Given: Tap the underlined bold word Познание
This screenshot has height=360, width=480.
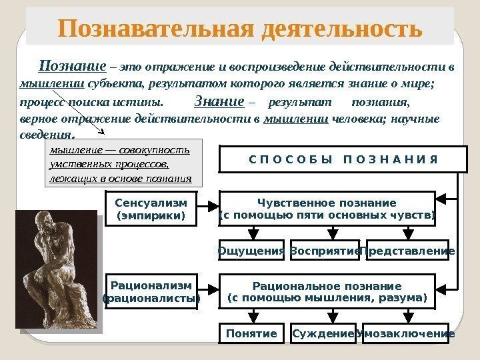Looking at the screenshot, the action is (x=73, y=66).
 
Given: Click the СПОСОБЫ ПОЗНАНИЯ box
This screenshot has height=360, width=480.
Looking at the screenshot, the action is (x=338, y=159).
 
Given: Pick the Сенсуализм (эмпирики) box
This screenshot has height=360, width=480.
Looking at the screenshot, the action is (x=152, y=209).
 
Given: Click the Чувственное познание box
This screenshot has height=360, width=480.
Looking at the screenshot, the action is (x=327, y=209).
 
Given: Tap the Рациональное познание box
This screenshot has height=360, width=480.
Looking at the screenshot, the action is (x=327, y=291).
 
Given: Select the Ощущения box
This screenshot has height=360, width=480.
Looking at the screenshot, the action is (x=251, y=251).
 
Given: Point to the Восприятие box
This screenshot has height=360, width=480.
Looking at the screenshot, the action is (x=325, y=251).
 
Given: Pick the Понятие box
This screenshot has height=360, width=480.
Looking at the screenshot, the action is (x=251, y=333).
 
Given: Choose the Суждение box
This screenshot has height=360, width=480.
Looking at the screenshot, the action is (x=322, y=333).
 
